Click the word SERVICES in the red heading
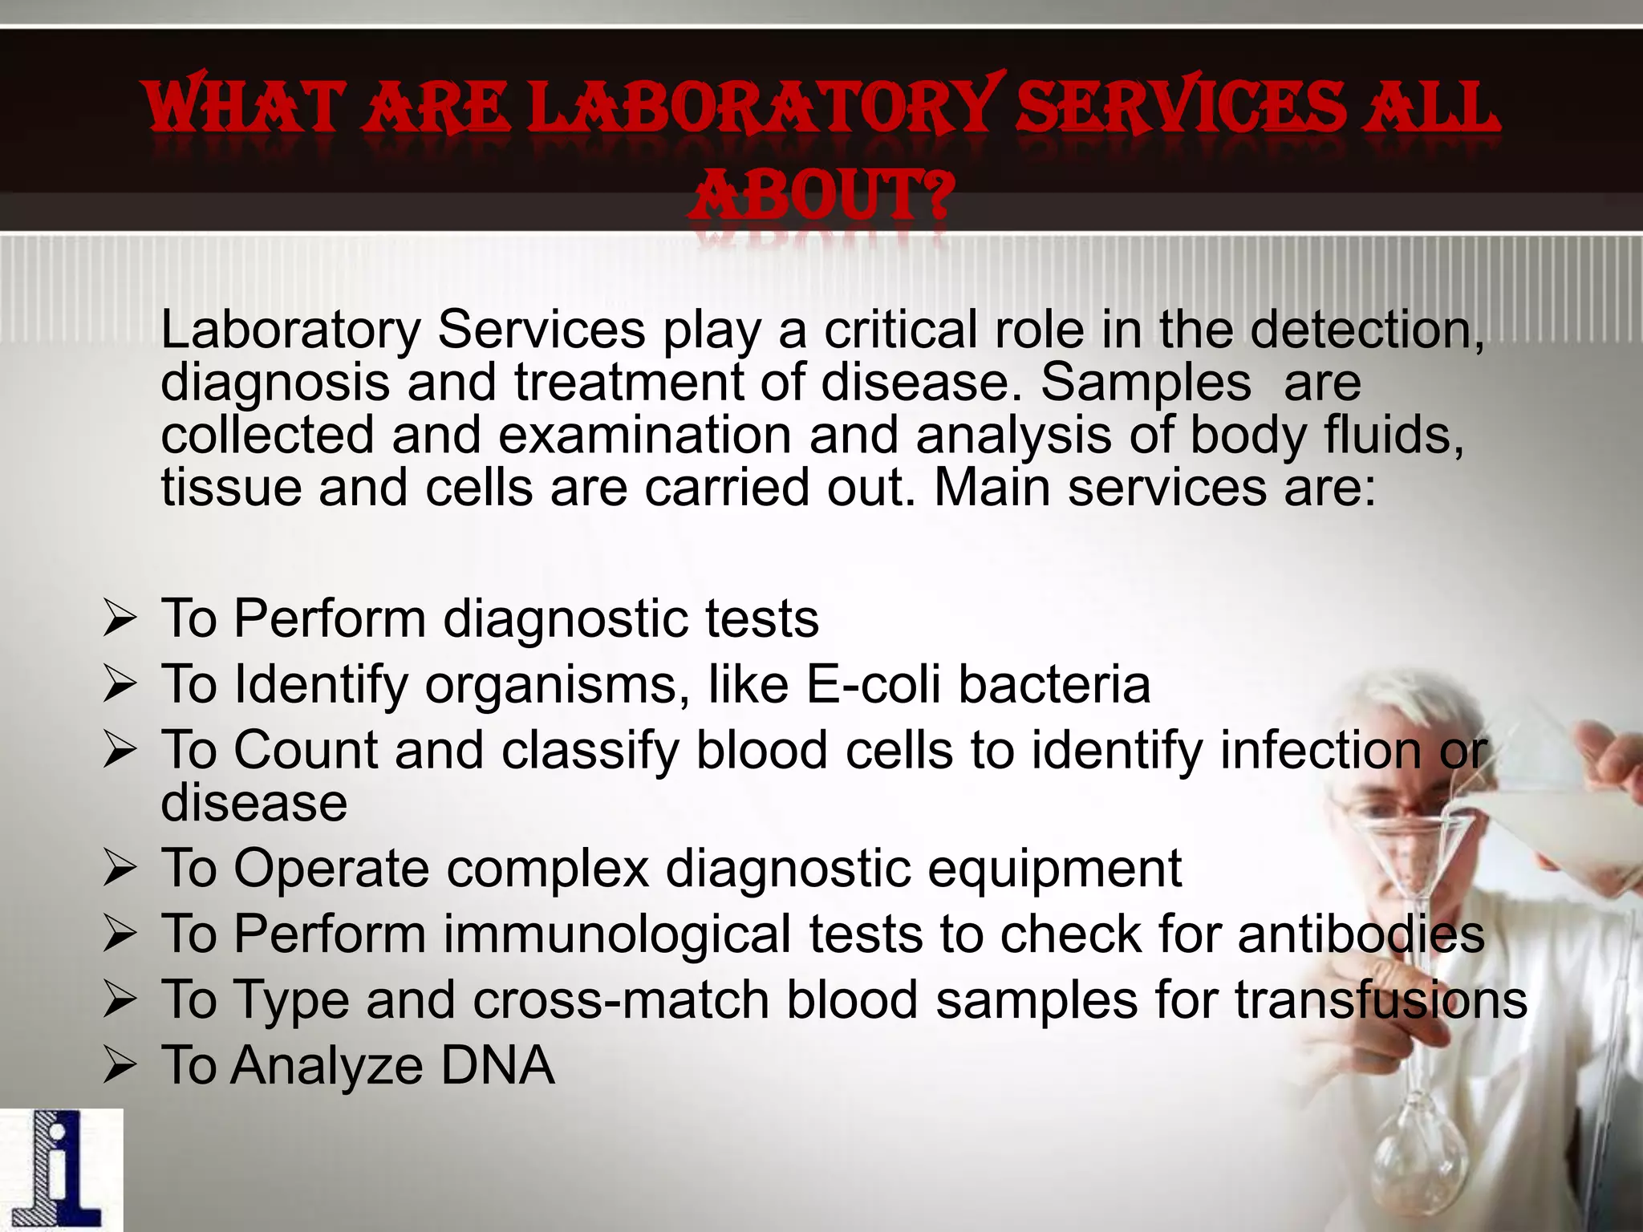(x=1179, y=109)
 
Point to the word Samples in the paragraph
(x=1146, y=383)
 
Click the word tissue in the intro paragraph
(x=231, y=488)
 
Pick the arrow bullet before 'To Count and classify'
(x=120, y=752)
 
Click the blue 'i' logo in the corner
(x=61, y=1170)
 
